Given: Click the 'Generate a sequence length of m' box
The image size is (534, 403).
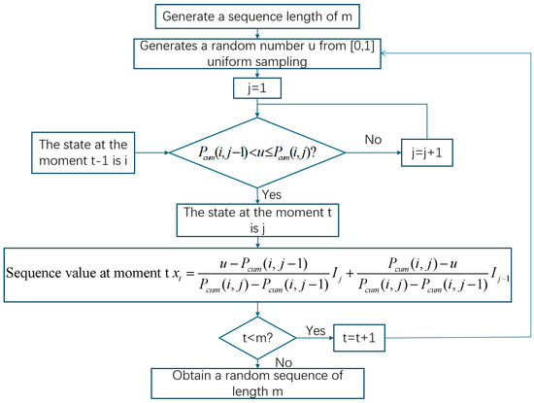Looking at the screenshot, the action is [x=257, y=17].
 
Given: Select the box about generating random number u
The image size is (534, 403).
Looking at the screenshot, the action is [x=257, y=53].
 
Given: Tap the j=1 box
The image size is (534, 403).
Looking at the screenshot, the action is [x=257, y=88].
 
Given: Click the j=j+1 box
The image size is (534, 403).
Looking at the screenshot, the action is [x=427, y=152].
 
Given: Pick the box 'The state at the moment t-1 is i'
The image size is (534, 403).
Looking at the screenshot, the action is [x=83, y=152].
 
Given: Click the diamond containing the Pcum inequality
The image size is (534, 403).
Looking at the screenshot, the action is [x=257, y=152].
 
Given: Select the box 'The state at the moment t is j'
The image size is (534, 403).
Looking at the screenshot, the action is [x=257, y=220].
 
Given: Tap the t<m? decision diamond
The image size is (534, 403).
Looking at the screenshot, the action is [x=258, y=338].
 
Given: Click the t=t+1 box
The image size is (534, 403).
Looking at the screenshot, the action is [x=359, y=338].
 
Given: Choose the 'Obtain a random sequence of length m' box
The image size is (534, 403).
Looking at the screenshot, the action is [x=257, y=384].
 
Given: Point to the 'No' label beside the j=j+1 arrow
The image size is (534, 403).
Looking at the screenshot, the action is [x=373, y=139].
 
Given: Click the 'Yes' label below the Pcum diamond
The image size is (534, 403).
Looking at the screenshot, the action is [x=272, y=194].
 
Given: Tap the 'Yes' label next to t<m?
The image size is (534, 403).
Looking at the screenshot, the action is [x=316, y=330].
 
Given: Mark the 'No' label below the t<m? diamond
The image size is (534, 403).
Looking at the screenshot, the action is [x=284, y=362].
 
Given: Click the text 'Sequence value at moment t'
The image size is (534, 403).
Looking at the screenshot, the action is [x=88, y=273].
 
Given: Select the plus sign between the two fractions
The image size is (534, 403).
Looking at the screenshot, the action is [x=350, y=273].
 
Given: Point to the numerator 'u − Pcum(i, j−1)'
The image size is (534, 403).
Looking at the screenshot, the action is [x=263, y=264].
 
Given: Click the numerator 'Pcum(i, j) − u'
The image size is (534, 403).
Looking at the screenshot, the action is [x=422, y=264].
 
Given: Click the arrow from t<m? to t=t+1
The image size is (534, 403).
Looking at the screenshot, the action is [x=315, y=338].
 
